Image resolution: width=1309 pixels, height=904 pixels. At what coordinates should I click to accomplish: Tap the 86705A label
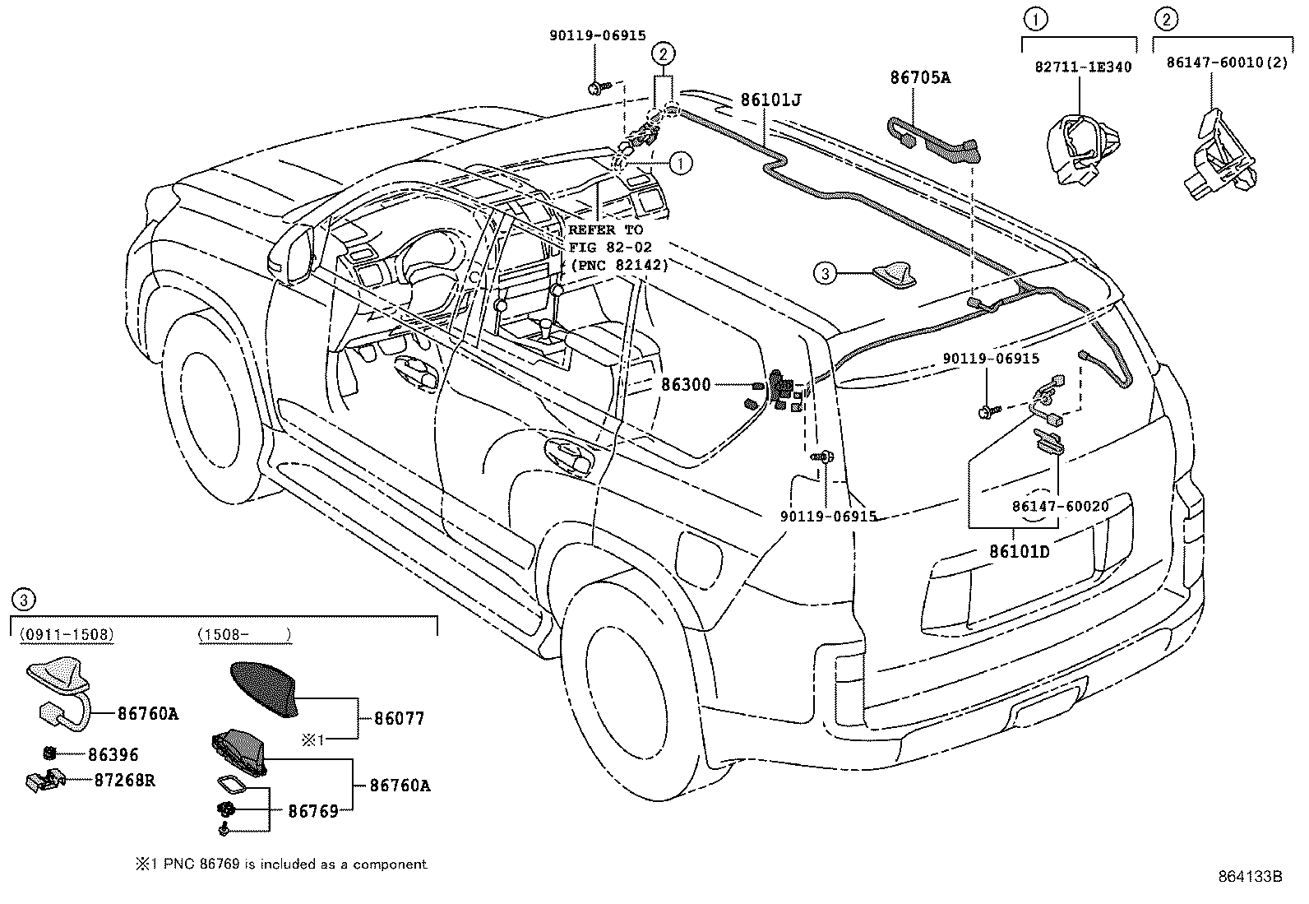[x=919, y=78]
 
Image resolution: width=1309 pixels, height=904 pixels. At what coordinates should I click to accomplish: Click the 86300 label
[x=686, y=384]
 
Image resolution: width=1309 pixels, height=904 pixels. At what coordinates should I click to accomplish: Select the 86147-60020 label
[x=1060, y=506]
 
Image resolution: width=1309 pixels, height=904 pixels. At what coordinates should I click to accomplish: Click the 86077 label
[x=399, y=718]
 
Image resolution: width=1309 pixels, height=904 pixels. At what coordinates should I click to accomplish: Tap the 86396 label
[x=113, y=754]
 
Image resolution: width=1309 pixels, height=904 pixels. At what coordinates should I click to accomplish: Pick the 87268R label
[x=122, y=780]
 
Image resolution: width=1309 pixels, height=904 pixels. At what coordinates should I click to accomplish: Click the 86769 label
[x=312, y=811]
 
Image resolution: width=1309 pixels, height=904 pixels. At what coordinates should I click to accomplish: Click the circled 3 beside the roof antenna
[x=826, y=272]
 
